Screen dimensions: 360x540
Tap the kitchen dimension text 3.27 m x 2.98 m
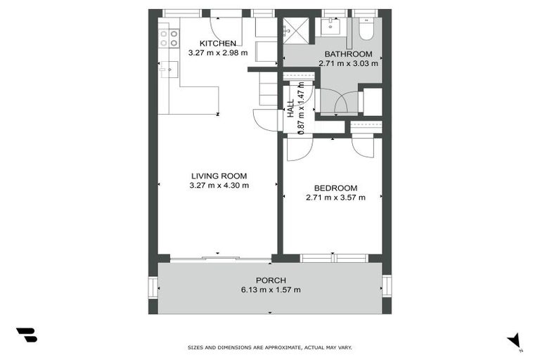(218, 53)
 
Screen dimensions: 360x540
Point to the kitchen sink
(167, 70)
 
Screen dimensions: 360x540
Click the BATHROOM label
(348, 54)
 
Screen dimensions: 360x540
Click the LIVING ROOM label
(219, 176)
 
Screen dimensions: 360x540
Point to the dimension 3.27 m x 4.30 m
(219, 186)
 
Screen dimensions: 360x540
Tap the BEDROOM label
(335, 188)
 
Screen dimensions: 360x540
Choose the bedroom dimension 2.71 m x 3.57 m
(335, 198)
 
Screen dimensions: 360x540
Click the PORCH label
(270, 280)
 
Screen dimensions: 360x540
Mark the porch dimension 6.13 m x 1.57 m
(270, 290)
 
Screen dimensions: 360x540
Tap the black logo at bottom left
(26, 335)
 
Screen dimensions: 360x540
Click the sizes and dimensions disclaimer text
(270, 347)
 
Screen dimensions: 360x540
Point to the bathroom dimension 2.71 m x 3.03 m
(348, 63)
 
